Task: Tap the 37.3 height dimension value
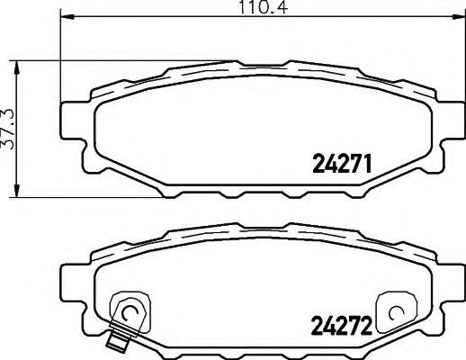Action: pos(8,131)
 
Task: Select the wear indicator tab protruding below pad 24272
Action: pos(114,341)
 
